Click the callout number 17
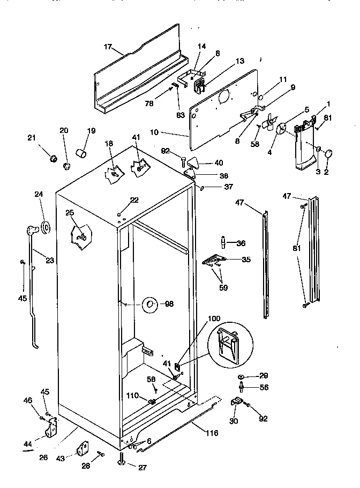[107, 47]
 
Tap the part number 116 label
[212, 433]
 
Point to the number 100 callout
[214, 319]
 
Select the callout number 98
[169, 304]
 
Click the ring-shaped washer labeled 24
[46, 228]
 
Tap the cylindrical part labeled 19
[82, 154]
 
